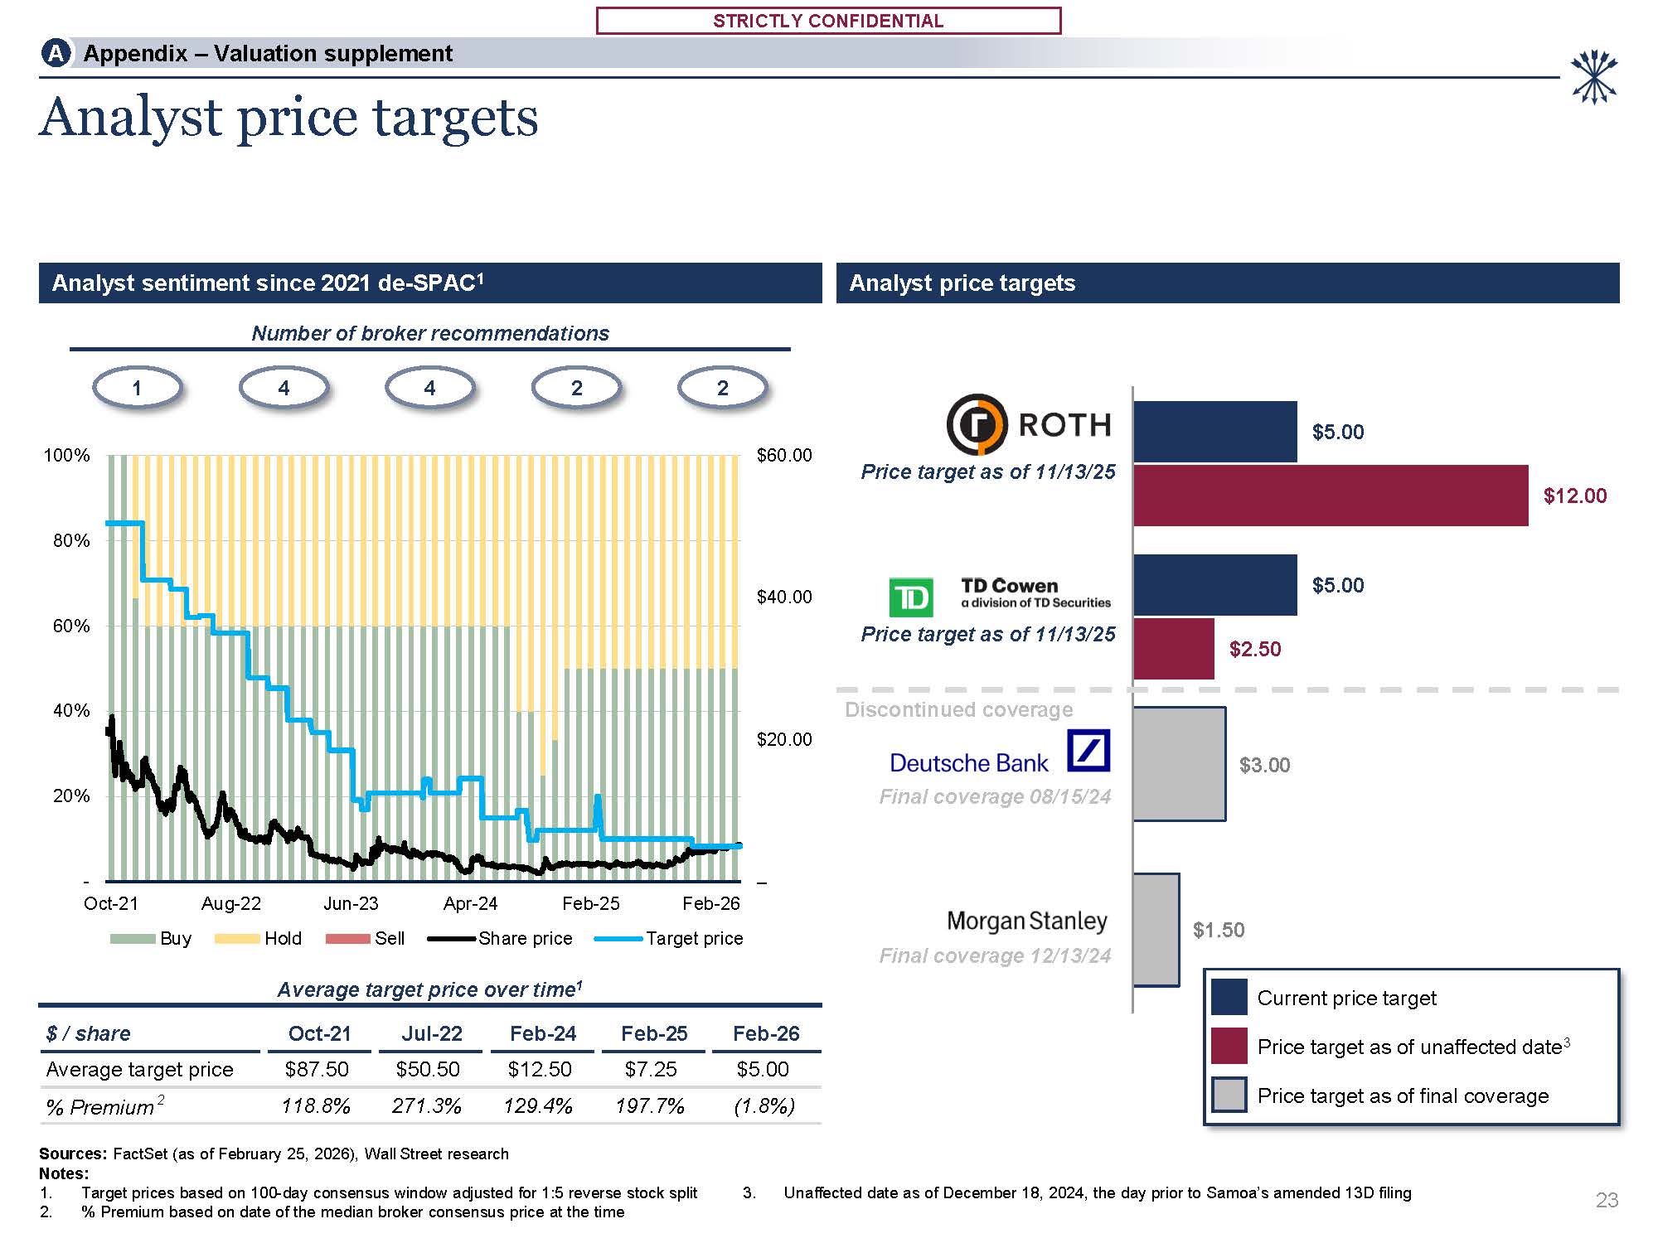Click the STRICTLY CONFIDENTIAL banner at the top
pos(828,21)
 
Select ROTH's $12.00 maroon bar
pos(1330,496)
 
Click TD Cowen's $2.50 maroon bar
pos(1173,649)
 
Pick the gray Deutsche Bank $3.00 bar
pos(1179,764)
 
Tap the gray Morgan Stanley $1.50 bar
pos(1156,930)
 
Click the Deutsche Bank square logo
pos(1088,751)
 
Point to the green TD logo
pos(910,597)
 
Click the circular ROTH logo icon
pos(977,424)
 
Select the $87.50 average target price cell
pos(317,1070)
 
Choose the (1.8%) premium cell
pos(764,1106)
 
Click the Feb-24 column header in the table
pos(543,1033)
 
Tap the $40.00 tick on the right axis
pos(784,597)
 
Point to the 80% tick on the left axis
pos(71,540)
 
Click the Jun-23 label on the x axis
pos(351,903)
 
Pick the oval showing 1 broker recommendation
pos(137,388)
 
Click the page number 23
pos(1607,1200)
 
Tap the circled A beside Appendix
pos(56,54)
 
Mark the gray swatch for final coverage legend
pos(1229,1095)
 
